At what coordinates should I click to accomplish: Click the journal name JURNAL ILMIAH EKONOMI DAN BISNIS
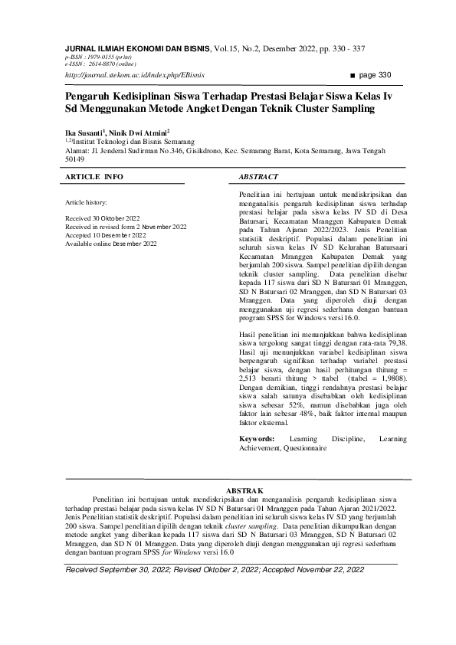[137, 47]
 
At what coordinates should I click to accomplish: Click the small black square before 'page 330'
[353, 75]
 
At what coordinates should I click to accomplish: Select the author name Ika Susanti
[84, 132]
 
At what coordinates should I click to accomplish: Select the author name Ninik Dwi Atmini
[138, 132]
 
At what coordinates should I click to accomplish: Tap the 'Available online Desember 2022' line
[111, 244]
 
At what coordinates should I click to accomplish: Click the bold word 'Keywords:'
[257, 438]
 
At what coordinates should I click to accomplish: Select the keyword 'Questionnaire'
[304, 447]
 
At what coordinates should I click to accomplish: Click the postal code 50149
[75, 159]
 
